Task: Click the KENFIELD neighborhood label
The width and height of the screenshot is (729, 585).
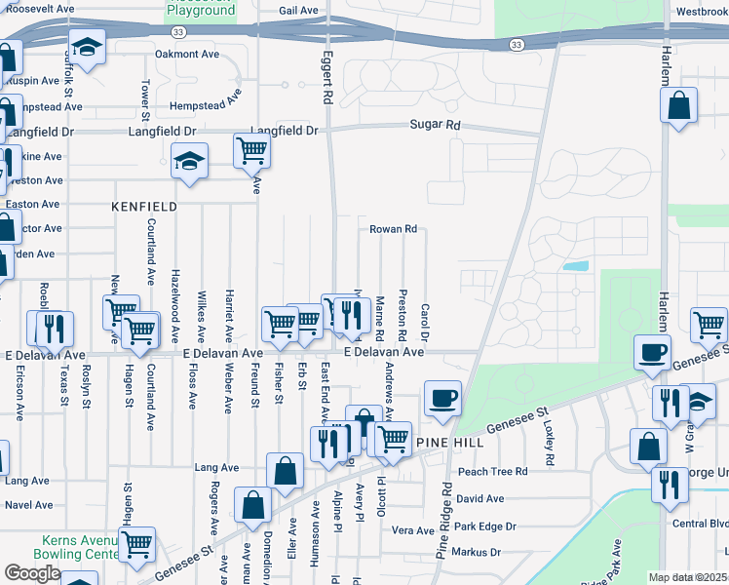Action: click(x=144, y=207)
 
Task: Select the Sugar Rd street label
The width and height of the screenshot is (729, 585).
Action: click(x=434, y=125)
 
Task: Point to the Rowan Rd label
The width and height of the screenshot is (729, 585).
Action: click(x=393, y=229)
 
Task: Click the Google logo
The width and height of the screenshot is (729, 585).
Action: click(x=32, y=572)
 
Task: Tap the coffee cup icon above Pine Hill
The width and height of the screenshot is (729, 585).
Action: click(x=442, y=398)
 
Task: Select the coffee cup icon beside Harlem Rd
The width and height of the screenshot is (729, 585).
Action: click(x=651, y=352)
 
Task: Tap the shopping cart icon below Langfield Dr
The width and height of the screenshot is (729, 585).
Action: click(x=251, y=151)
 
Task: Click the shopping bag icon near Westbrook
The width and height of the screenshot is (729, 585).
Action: click(x=679, y=104)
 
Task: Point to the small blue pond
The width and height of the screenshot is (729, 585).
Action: click(x=576, y=265)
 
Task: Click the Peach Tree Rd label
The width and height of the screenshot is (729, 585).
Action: click(x=492, y=471)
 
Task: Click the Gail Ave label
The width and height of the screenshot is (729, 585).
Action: click(x=298, y=11)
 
